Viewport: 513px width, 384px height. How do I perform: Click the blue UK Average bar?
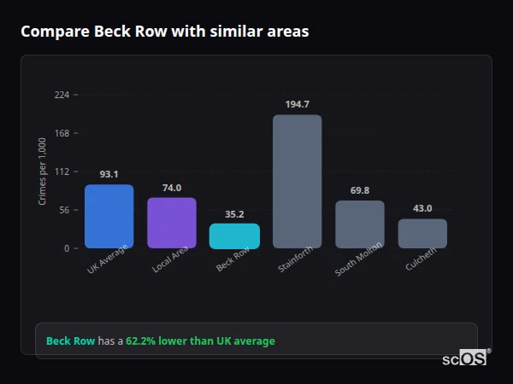(x=109, y=217)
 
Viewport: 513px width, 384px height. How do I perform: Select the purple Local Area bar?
(x=172, y=223)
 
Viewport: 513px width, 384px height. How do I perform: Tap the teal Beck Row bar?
(x=234, y=236)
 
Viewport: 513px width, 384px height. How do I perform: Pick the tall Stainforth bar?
(x=297, y=182)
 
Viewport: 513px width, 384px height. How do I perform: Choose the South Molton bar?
(x=359, y=224)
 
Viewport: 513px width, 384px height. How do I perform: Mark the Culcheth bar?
(x=422, y=234)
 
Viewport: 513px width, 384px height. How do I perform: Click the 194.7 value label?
(x=298, y=104)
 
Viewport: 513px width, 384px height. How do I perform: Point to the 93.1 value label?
(x=109, y=174)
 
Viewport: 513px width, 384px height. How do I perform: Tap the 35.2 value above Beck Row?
(x=234, y=213)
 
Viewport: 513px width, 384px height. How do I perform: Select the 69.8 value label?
(x=359, y=190)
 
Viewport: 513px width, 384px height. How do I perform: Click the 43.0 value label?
(x=422, y=208)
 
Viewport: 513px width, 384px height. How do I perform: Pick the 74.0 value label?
(x=172, y=187)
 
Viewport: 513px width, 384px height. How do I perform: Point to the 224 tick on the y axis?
(x=62, y=95)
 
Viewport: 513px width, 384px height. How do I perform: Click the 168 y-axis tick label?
(x=62, y=133)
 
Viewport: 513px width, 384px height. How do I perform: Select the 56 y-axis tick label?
(x=64, y=210)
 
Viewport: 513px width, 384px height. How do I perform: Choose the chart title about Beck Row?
(x=165, y=32)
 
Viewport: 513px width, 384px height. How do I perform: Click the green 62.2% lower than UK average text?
(x=200, y=341)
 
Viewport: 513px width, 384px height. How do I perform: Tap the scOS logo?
(x=465, y=358)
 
